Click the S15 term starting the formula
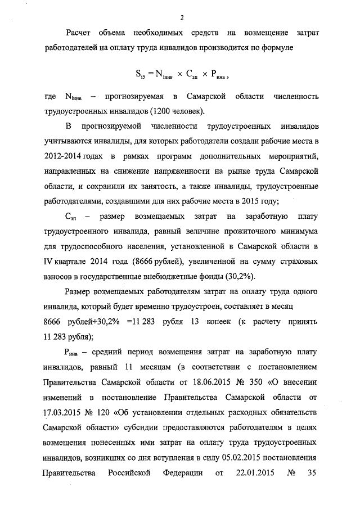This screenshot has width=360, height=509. pos(141,73)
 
